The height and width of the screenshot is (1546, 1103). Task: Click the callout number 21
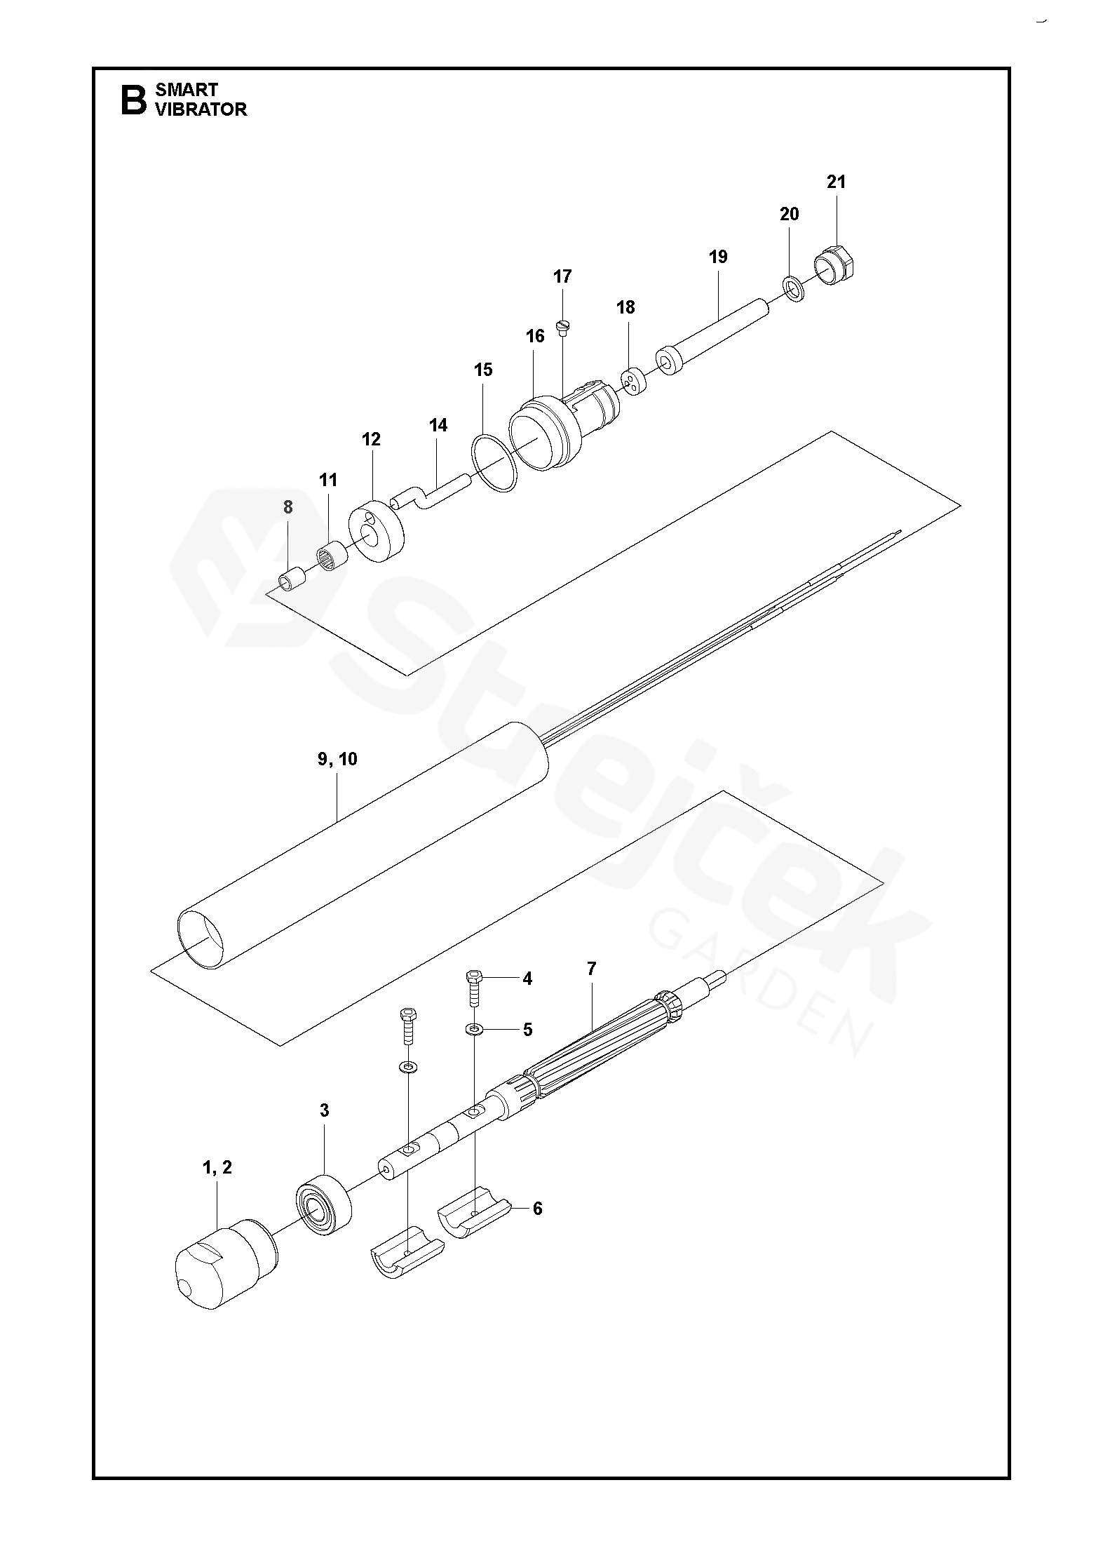click(836, 182)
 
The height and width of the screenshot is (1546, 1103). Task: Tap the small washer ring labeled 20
click(793, 288)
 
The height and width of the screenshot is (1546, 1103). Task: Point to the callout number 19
click(718, 257)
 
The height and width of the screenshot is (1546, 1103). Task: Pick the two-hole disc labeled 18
click(634, 382)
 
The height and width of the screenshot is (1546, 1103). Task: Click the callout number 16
click(535, 336)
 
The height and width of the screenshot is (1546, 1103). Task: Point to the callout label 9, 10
click(337, 759)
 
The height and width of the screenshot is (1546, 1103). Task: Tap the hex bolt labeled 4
click(475, 989)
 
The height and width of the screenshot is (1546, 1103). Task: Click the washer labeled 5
click(475, 1029)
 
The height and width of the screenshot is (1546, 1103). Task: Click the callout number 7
click(591, 969)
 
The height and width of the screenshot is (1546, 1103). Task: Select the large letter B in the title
click(133, 100)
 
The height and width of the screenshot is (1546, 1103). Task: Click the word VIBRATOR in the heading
click(201, 109)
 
